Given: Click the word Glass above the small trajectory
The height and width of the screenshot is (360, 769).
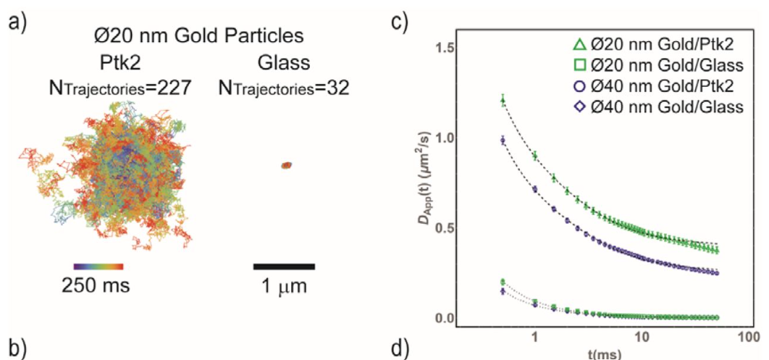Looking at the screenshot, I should pos(283,63).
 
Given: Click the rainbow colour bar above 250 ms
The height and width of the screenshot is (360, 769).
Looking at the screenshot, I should pos(99,265).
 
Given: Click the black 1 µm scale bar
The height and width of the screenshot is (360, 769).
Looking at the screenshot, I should pos(284,265).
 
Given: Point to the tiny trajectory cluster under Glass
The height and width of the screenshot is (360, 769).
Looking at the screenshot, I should pos(285,166).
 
